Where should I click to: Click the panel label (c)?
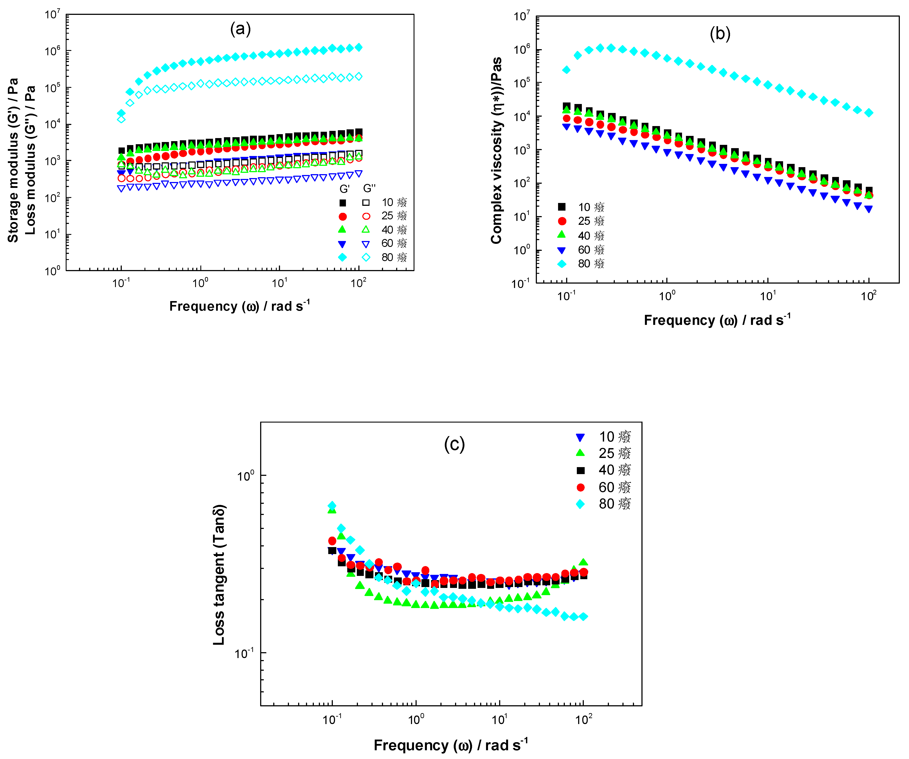click(454, 444)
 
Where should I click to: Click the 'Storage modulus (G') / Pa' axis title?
click(13, 160)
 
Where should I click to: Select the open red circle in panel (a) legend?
click(366, 216)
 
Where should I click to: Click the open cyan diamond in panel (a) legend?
click(366, 257)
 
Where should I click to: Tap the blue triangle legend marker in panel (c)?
click(581, 437)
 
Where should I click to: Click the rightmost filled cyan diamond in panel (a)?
click(358, 47)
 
